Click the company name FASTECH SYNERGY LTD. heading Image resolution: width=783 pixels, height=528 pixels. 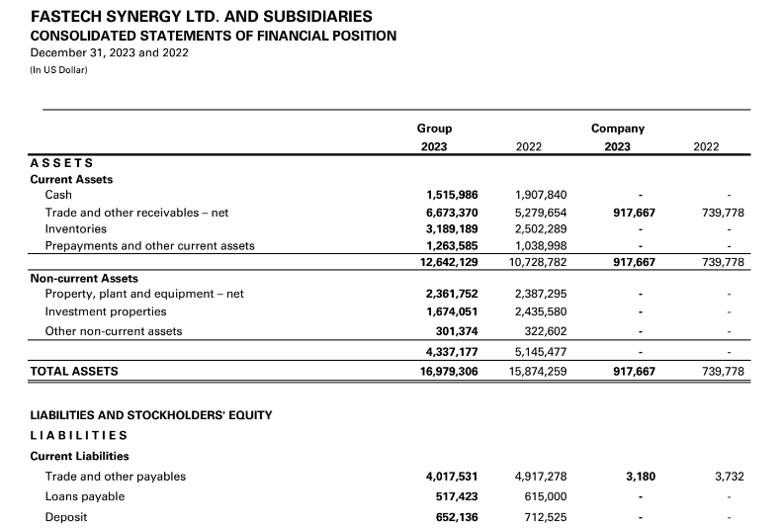click(202, 17)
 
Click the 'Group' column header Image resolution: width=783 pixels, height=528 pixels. click(434, 129)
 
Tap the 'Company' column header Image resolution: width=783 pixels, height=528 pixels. click(617, 129)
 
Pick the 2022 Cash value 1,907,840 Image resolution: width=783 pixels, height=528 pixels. click(541, 195)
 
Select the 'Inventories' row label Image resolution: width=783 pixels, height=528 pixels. click(77, 228)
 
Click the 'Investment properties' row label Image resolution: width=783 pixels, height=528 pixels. click(101, 311)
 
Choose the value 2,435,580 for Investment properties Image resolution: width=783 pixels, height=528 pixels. click(541, 311)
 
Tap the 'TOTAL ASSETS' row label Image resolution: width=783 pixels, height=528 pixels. click(74, 371)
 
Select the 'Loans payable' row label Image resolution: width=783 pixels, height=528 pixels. click(85, 496)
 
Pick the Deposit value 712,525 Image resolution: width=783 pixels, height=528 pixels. click(545, 517)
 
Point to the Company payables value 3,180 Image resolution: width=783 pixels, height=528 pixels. click(641, 477)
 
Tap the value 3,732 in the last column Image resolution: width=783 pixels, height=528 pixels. click(729, 477)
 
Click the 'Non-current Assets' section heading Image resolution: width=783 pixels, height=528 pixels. click(84, 278)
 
